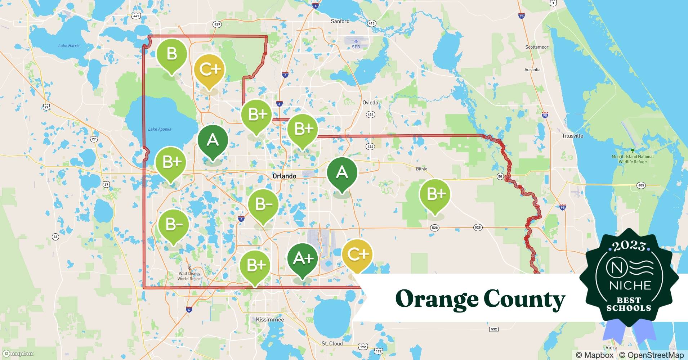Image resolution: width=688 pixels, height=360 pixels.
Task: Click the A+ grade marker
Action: (303, 258)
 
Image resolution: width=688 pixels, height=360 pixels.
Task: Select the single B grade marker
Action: (171, 54)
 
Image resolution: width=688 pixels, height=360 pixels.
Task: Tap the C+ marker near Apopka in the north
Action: (209, 69)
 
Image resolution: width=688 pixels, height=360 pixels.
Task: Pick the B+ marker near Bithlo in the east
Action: (435, 194)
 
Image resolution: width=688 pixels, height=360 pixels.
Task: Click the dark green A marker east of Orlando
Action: (342, 172)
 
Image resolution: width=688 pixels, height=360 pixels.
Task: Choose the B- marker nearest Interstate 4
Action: (263, 204)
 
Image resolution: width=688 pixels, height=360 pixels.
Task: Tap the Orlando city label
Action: (284, 176)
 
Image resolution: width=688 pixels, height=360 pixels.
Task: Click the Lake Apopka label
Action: (160, 129)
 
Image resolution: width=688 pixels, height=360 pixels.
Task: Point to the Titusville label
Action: (572, 136)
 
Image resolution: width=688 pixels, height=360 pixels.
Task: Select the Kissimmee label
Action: (270, 319)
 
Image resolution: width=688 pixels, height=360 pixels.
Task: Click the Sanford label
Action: (340, 21)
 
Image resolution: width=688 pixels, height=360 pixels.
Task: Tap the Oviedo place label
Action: (370, 103)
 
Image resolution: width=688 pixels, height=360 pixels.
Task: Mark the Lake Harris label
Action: (69, 46)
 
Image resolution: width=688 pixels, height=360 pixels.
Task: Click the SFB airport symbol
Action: (356, 41)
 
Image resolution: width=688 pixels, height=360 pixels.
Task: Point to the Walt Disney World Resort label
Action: (189, 276)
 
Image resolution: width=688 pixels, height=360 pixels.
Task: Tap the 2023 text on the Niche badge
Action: (629, 246)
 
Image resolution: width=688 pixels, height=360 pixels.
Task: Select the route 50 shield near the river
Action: (500, 176)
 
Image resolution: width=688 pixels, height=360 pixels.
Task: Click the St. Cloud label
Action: (332, 343)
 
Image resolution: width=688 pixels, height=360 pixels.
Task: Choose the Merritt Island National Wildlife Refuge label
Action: (633, 159)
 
